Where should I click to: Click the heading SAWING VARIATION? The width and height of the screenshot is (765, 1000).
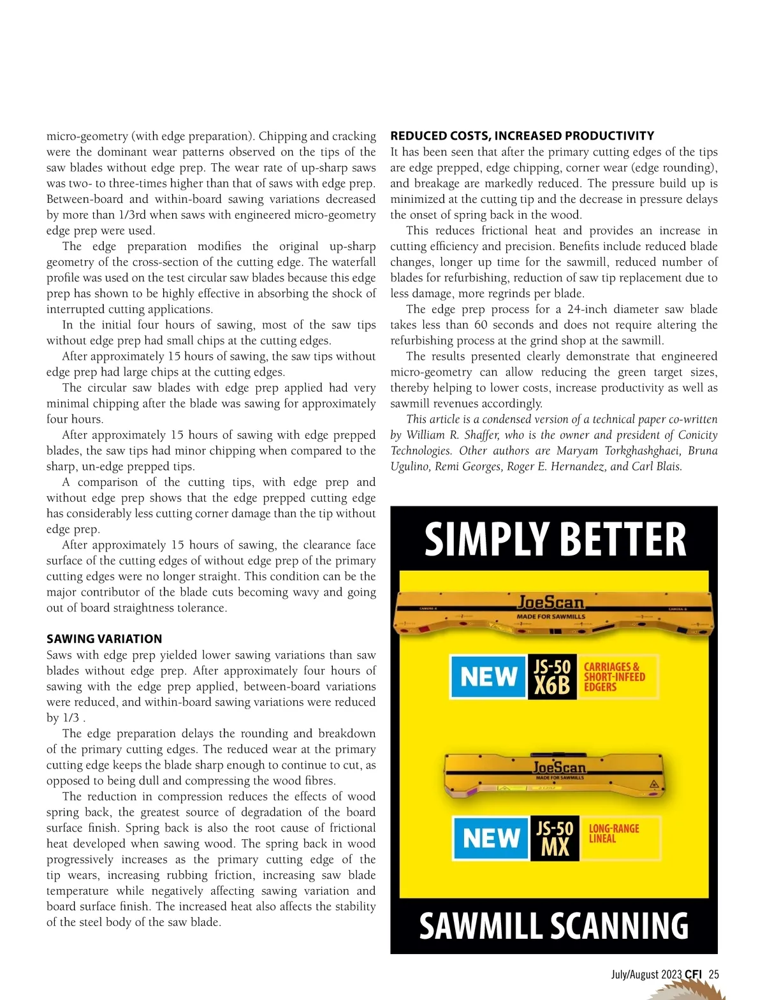tap(104, 639)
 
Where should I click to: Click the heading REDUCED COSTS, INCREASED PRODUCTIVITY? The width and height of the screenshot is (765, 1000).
tap(522, 136)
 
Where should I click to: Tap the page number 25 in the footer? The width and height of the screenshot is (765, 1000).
tap(713, 974)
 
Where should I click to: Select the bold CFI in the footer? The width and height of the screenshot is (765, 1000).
tap(694, 974)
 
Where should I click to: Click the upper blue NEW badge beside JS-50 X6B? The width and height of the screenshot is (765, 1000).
tap(488, 676)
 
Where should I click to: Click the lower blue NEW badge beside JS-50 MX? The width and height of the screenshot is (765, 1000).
tap(491, 838)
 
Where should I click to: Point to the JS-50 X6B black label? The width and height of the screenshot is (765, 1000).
tap(552, 677)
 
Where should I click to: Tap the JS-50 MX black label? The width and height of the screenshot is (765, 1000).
tap(555, 838)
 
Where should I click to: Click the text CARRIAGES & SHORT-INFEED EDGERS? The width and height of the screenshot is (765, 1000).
tap(614, 677)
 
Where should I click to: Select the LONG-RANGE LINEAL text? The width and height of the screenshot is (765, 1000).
tap(613, 834)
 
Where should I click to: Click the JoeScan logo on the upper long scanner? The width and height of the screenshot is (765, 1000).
tap(551, 602)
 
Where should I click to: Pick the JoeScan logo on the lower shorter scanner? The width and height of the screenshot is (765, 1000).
tap(559, 767)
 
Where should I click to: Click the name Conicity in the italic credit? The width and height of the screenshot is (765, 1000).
tap(694, 435)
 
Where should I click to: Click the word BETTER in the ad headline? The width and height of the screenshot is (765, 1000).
tap(623, 540)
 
